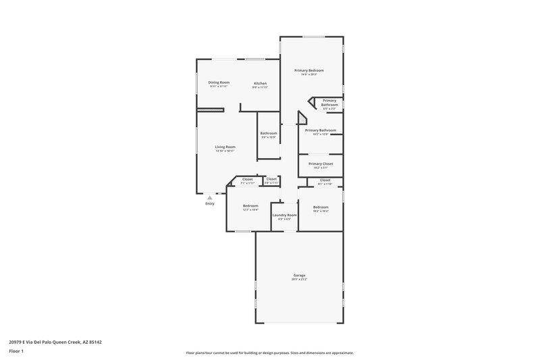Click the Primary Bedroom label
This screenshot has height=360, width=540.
(x=309, y=70)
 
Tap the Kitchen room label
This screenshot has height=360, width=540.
(x=260, y=83)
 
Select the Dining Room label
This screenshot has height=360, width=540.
(x=219, y=82)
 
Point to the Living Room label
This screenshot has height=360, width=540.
(x=225, y=147)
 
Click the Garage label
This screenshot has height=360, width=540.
(x=300, y=275)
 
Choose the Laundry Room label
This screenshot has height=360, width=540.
(x=285, y=215)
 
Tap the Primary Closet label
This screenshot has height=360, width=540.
(x=320, y=163)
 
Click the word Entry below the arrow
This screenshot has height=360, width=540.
(x=210, y=203)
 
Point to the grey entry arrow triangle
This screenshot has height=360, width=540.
(x=210, y=197)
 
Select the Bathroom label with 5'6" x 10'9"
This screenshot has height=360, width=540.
(x=269, y=133)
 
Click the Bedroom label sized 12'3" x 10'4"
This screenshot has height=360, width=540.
(x=250, y=205)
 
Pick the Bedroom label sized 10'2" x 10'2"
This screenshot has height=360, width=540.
(x=321, y=207)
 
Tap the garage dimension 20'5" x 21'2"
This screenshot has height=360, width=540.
(x=300, y=279)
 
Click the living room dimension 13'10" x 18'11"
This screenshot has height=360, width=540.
(x=225, y=151)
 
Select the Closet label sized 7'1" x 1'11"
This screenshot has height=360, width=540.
(x=248, y=179)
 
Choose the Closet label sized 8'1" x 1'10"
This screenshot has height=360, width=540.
(x=325, y=180)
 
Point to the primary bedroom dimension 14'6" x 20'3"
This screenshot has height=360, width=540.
(x=309, y=74)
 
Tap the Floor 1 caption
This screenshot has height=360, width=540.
(x=17, y=351)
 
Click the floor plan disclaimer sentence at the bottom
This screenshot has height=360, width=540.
(x=269, y=353)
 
